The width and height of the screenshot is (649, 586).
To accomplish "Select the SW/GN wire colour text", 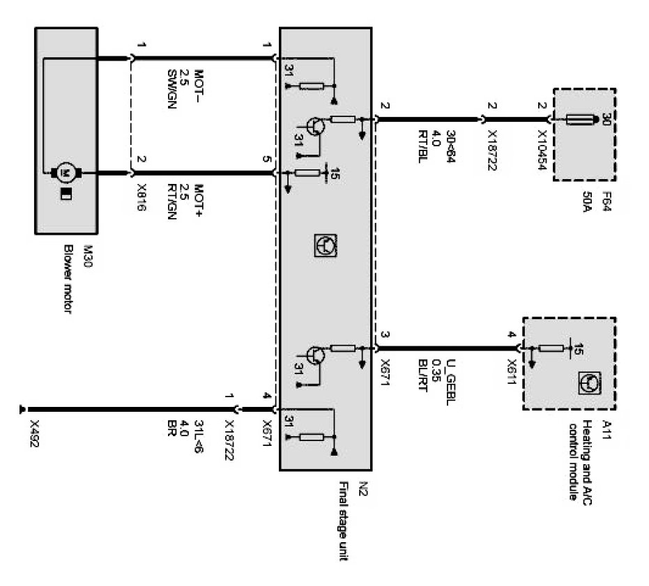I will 172,83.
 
